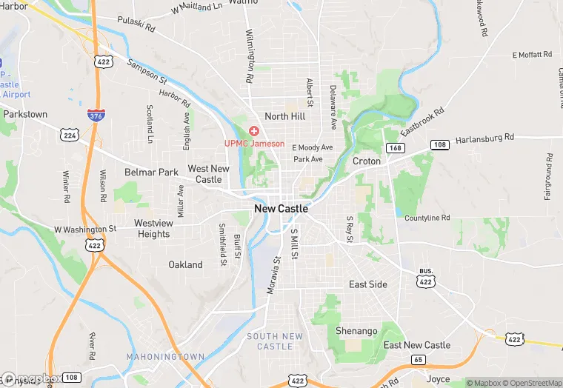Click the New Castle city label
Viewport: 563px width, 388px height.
pos(281,209)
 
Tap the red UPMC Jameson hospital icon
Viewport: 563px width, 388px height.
pos(254,131)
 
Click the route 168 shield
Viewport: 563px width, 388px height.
pos(396,148)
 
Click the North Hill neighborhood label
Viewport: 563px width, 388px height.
pos(284,116)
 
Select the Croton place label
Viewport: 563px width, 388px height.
pos(367,161)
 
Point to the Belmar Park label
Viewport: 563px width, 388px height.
pos(151,172)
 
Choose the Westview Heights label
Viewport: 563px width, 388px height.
pos(153,229)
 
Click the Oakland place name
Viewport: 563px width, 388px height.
pos(185,264)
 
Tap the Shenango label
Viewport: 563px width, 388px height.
pos(356,330)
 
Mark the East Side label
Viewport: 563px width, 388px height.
pos(368,284)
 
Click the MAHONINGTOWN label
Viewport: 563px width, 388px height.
pos(165,357)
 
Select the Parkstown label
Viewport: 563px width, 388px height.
pos(25,115)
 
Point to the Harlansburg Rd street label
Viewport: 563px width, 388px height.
pos(484,138)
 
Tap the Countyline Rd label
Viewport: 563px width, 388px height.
pos(427,218)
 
